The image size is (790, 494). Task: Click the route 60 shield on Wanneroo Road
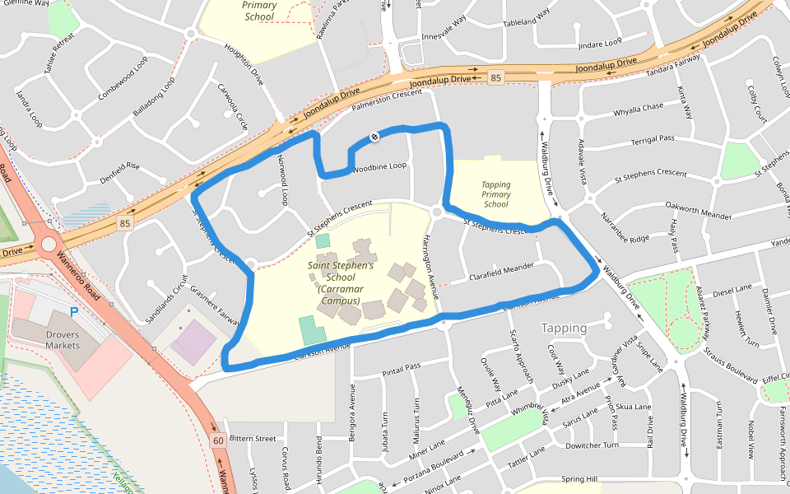click(x=218, y=440)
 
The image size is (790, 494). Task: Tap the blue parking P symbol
click(x=74, y=313)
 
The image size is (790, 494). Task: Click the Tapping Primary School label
click(x=496, y=194)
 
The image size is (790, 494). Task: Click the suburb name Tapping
click(x=564, y=328)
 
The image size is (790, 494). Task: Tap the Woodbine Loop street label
click(x=379, y=166)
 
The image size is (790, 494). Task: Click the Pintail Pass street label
click(x=401, y=368)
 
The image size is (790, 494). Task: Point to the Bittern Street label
click(x=253, y=439)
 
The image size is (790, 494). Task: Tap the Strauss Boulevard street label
click(x=730, y=365)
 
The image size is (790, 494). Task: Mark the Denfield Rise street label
click(x=120, y=171)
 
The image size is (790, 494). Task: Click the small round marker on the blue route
click(x=374, y=137)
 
